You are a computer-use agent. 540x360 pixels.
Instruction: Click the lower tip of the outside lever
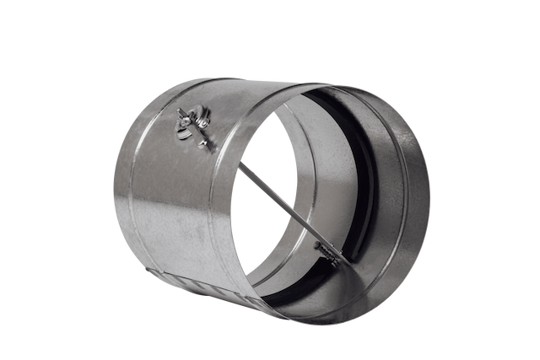[x=210, y=148]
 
